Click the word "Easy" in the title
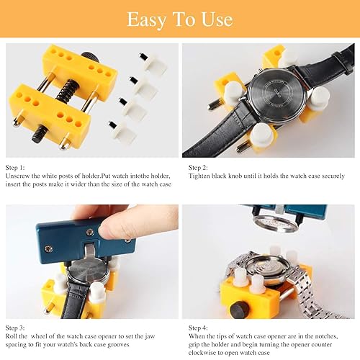pos(145,19)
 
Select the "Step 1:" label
pos(16,167)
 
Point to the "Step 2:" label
pos(199,167)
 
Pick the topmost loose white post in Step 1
pos(149,62)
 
